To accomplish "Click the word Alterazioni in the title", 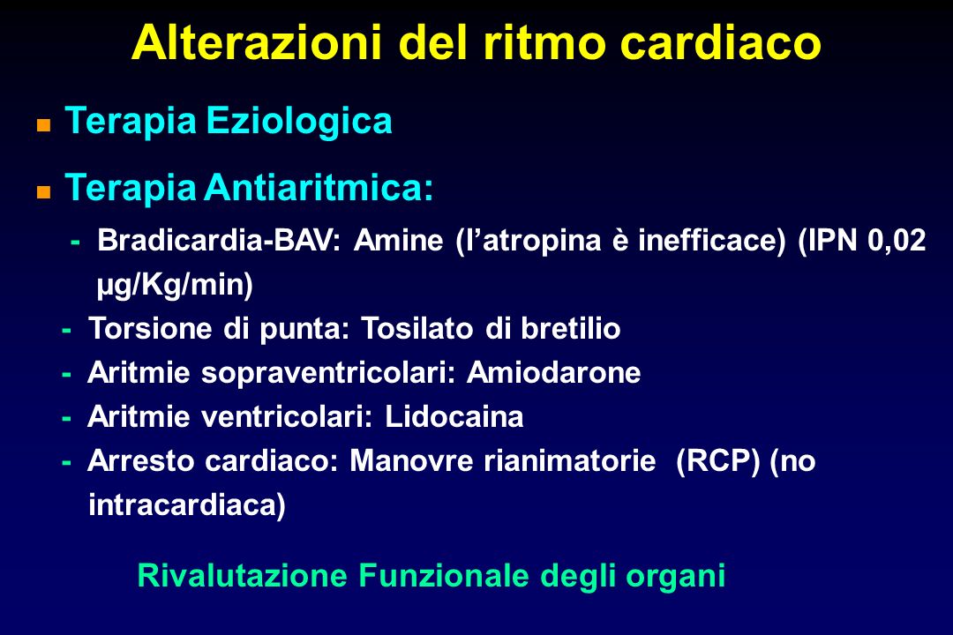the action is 257,42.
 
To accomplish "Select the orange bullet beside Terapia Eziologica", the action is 43,126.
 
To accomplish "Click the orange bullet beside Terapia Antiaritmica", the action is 43,192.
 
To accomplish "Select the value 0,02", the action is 897,241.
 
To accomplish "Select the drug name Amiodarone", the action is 553,372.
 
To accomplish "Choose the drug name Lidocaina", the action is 454,417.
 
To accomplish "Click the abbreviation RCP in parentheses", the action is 717,461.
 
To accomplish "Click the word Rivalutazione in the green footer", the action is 243,575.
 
